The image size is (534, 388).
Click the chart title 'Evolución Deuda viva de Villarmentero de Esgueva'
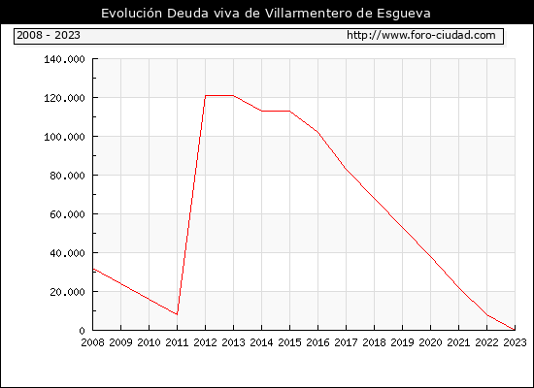[266, 14]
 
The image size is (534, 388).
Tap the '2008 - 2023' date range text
[49, 35]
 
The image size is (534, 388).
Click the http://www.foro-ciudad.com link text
[421, 35]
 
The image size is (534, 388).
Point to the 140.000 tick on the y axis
[64, 59]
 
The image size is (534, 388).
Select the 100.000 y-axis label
[64, 137]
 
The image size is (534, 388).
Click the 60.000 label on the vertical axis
[67, 214]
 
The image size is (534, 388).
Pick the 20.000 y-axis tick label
[67, 292]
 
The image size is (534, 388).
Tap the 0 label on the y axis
[82, 331]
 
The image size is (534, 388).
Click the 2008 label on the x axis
[92, 342]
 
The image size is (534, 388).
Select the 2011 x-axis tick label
[177, 342]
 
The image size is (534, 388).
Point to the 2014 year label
[261, 342]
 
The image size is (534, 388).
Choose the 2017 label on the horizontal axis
[346, 342]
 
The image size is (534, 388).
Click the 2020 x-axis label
[430, 342]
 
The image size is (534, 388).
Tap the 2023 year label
[515, 342]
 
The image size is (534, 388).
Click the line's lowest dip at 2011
[177, 314]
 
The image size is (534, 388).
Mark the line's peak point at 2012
[206, 96]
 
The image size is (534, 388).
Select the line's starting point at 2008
[93, 269]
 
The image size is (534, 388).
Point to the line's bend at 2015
[290, 111]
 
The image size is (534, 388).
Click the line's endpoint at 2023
[515, 330]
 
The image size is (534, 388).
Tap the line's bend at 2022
[487, 315]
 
